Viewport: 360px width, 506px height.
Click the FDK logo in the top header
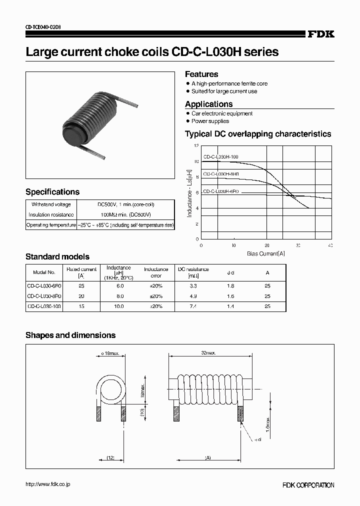point(320,34)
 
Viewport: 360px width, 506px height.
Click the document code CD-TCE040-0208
point(43,27)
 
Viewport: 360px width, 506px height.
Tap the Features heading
point(201,74)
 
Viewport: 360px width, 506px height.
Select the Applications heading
point(208,104)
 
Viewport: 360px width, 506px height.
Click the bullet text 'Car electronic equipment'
point(222,114)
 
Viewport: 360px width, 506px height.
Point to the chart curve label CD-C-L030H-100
point(220,157)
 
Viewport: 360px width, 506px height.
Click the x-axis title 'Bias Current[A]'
point(265,253)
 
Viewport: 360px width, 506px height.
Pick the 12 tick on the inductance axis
point(196,146)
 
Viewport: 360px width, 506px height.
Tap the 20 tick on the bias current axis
point(266,245)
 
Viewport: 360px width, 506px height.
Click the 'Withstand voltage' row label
point(51,204)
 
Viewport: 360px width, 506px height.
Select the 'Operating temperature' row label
point(51,225)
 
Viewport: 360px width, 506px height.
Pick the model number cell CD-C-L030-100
point(44,306)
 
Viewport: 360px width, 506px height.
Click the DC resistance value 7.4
point(193,306)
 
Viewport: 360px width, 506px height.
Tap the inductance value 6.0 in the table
point(118,285)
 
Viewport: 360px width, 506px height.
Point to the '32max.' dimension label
point(207,353)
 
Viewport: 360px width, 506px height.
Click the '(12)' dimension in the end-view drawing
point(111,458)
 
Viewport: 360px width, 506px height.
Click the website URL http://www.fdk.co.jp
point(48,484)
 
